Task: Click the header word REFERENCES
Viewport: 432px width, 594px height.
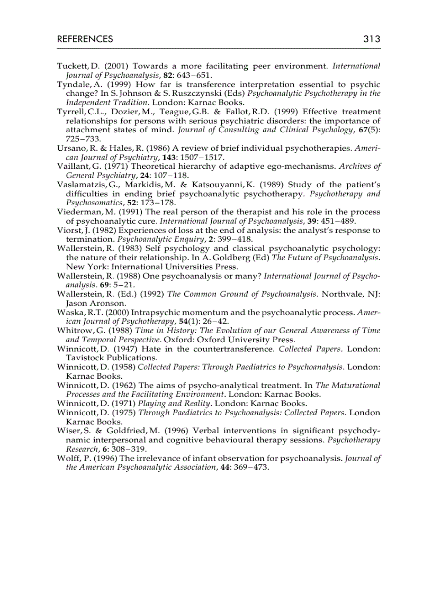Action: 85,39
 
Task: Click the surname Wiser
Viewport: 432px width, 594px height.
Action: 67,431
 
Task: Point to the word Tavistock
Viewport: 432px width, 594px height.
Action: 85,358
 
